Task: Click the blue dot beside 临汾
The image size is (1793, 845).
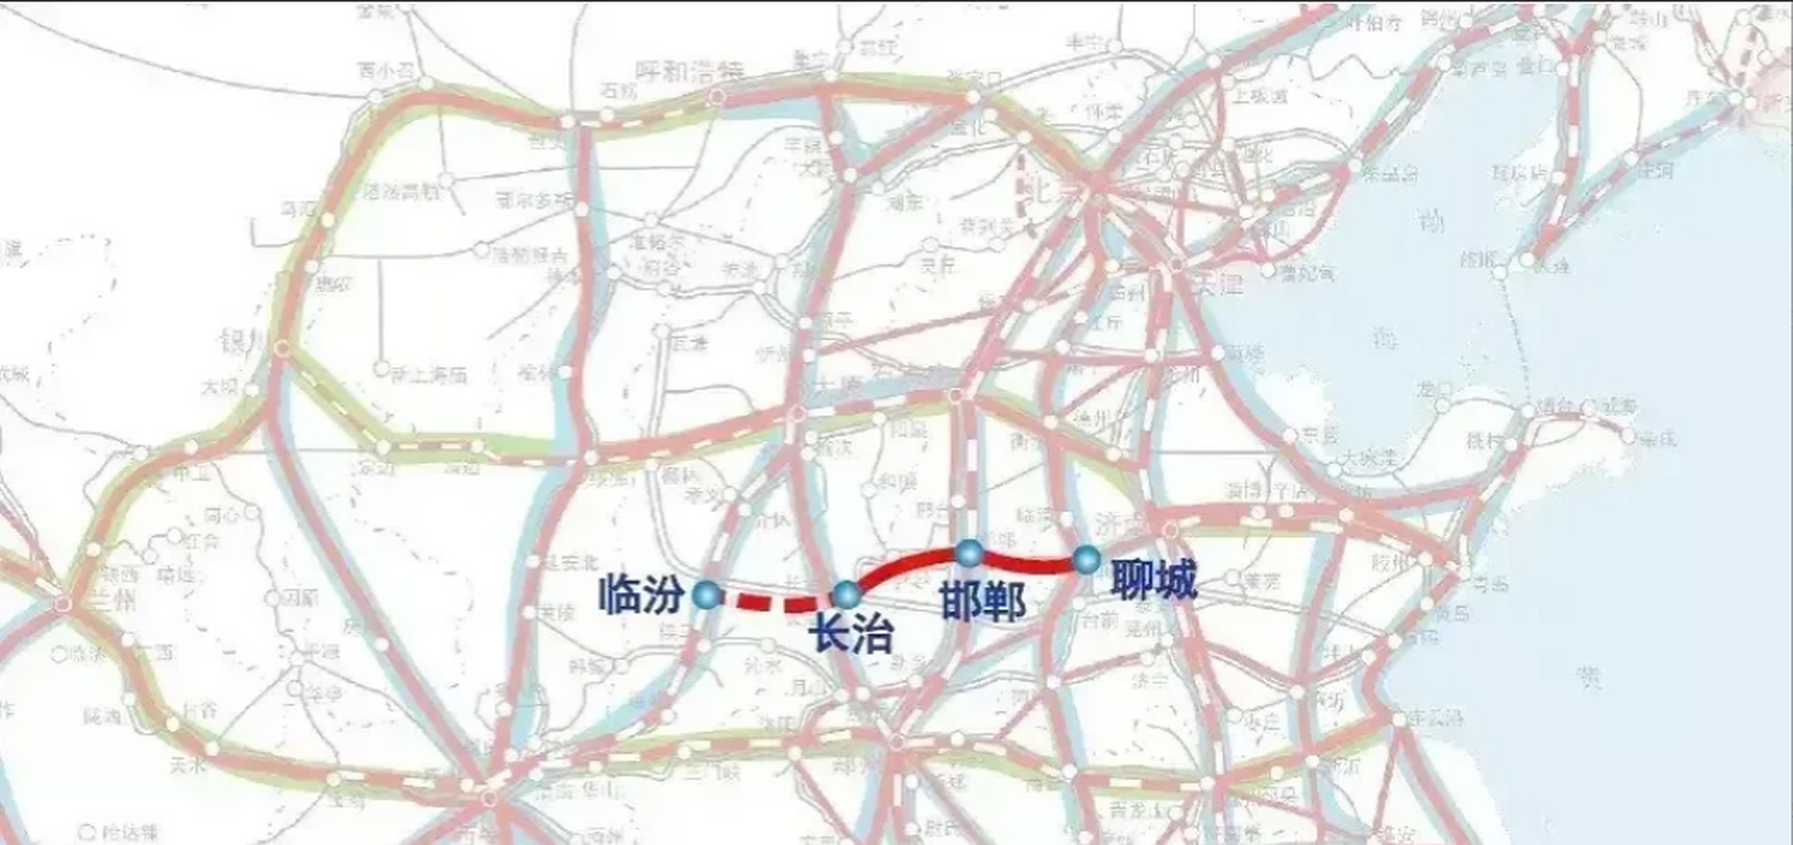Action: pyautogui.click(x=708, y=595)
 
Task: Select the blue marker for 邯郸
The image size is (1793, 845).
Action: pyautogui.click(x=970, y=553)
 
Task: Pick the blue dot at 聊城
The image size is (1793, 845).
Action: pyautogui.click(x=1087, y=559)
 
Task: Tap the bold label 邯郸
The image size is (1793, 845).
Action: pyautogui.click(x=983, y=602)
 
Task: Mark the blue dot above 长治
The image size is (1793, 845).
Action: pyautogui.click(x=847, y=595)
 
